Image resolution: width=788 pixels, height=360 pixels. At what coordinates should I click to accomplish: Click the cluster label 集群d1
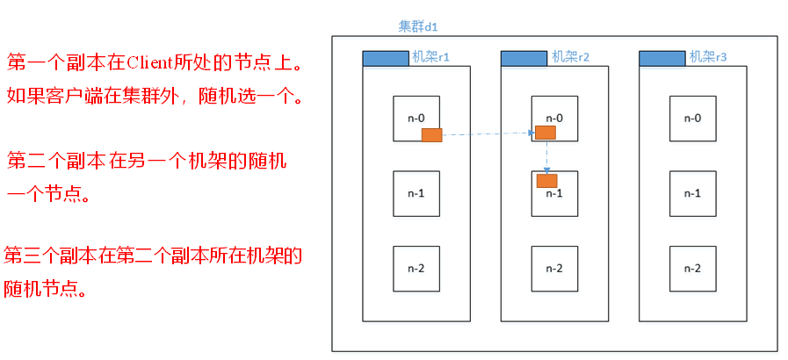(x=418, y=27)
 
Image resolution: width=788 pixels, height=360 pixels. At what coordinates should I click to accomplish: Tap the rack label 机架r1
(x=431, y=57)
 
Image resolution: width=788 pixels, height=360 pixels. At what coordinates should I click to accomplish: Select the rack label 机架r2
(x=570, y=57)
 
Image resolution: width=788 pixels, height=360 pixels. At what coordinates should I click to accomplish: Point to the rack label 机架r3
(x=708, y=57)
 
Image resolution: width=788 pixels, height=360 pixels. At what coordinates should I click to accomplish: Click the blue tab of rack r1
(x=385, y=59)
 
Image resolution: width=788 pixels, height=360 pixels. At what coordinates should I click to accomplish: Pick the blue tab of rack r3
(x=661, y=59)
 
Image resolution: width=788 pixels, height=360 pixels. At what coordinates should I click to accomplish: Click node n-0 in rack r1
(x=416, y=118)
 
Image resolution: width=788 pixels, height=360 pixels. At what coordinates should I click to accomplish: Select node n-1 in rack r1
(x=416, y=193)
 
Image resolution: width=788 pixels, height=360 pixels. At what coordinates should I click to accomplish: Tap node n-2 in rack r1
(x=416, y=268)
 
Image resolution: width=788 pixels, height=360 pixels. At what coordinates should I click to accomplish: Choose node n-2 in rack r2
(x=554, y=268)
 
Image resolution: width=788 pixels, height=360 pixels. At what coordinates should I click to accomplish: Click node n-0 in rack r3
(x=692, y=118)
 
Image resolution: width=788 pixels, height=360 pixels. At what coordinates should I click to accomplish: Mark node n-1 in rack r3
(x=692, y=193)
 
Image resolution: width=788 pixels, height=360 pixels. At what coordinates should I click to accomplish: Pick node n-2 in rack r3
(x=692, y=268)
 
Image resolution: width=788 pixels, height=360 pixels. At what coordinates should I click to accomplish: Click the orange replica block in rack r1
(x=431, y=134)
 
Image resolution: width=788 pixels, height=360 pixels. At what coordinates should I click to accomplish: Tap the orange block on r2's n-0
(x=546, y=133)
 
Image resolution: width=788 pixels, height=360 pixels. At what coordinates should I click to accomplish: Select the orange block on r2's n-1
(x=547, y=181)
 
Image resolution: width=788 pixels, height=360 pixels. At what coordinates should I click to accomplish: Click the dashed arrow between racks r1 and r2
(x=488, y=134)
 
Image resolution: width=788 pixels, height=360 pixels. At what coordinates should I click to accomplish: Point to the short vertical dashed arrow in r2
(x=546, y=155)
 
